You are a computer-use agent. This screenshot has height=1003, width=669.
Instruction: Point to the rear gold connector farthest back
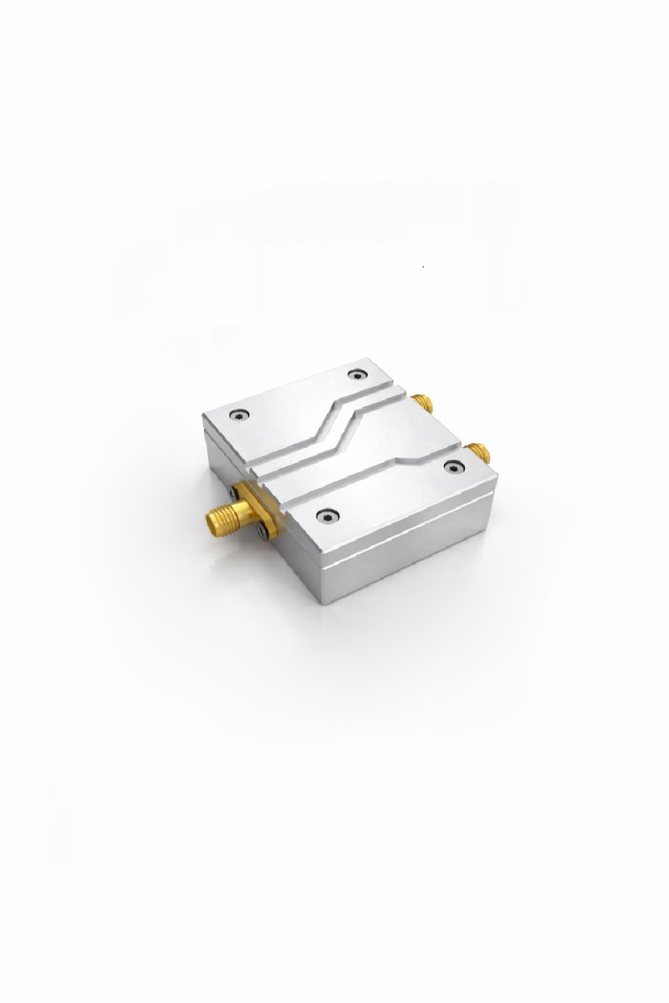423,403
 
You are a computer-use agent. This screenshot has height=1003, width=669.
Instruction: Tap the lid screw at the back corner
358,374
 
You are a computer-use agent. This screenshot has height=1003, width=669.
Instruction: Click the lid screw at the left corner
241,414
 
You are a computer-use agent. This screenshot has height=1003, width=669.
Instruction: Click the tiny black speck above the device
424,267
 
